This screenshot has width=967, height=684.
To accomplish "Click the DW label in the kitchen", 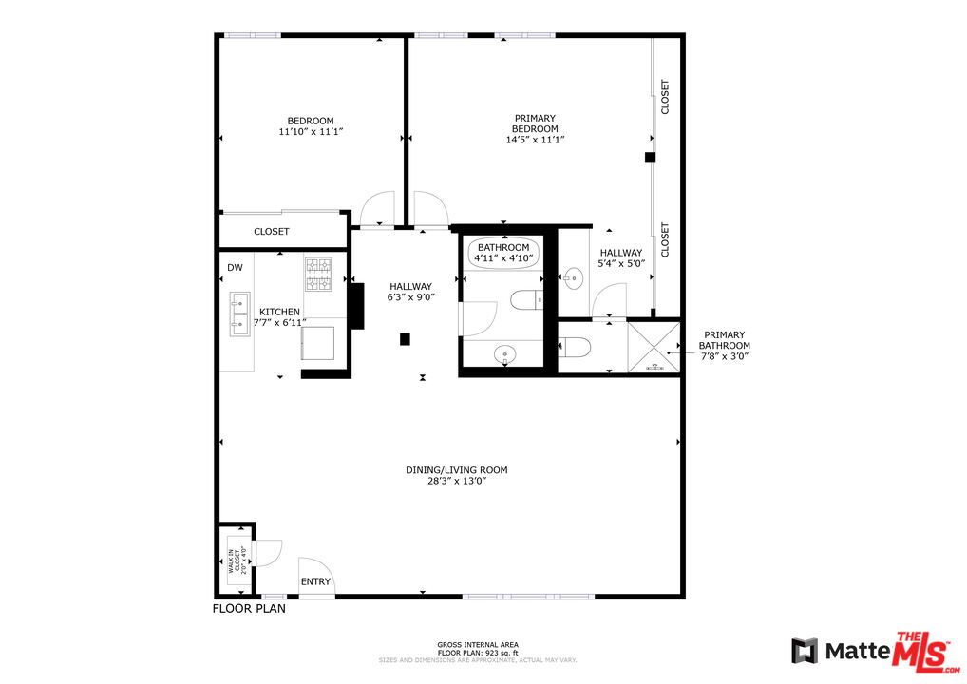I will pos(235,268).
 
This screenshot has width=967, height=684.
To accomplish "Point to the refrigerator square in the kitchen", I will pos(318,342).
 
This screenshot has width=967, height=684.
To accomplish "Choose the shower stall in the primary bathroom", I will pos(654,348).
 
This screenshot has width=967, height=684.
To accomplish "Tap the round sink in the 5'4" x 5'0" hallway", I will pos(572,279).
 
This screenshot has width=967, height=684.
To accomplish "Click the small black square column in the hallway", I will pos(405,338).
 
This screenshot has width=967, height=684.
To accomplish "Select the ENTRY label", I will pos(315,581).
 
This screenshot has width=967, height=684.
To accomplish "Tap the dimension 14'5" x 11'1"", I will pos(535,140).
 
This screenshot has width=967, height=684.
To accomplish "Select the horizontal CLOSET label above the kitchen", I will pos(272,232).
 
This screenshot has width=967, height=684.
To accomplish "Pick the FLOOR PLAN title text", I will pos(248,610).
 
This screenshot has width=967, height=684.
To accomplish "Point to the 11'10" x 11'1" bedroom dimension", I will pos(310,132).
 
